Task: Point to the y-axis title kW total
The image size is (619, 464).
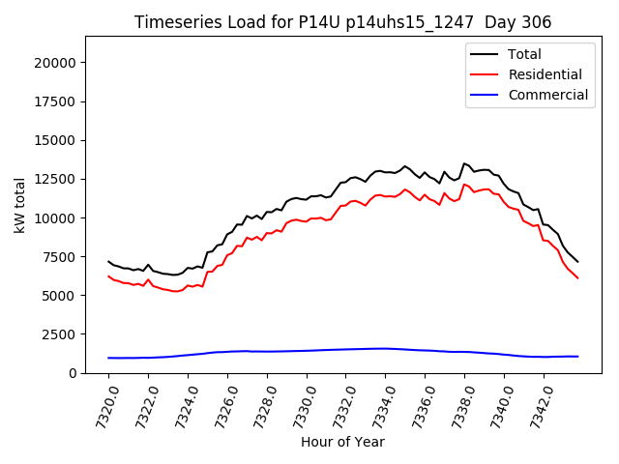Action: [x=19, y=205]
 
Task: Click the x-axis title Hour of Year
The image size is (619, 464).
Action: [x=342, y=442]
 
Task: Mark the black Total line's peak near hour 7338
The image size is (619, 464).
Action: [x=464, y=163]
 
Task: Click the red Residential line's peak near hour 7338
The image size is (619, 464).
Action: [x=464, y=184]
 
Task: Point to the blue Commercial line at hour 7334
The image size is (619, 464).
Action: [x=385, y=348]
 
